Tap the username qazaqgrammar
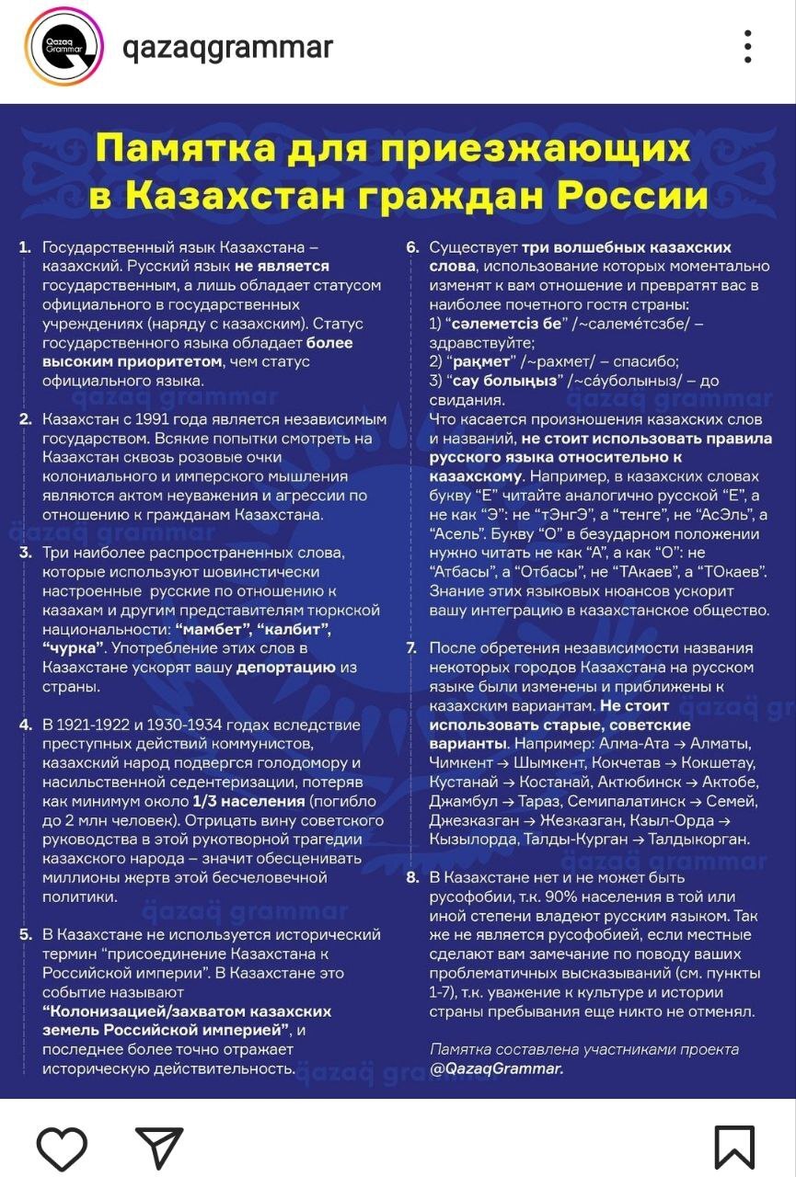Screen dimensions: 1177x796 227,47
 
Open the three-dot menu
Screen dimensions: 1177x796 748,47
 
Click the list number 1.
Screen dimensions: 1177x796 24,248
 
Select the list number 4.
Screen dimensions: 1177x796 25,725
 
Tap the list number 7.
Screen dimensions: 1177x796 412,648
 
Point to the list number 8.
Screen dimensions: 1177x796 412,877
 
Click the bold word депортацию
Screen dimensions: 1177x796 285,668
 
